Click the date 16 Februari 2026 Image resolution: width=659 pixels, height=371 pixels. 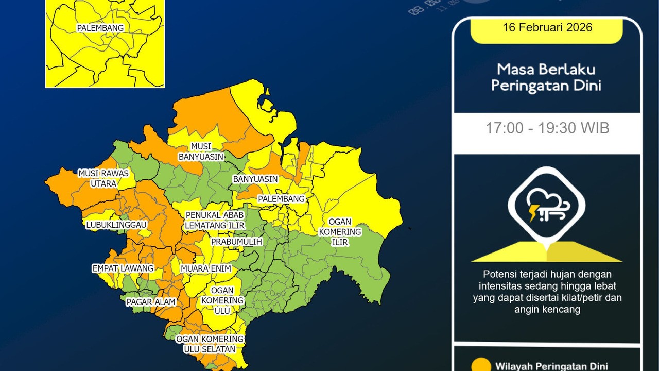click(547, 28)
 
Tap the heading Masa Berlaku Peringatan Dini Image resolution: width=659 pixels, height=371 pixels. click(546, 77)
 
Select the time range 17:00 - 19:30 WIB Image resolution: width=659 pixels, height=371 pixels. click(547, 128)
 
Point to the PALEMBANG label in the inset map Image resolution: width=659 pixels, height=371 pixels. click(100, 28)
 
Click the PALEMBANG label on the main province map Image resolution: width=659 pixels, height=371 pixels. click(282, 199)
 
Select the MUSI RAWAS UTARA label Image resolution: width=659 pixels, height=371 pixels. click(103, 178)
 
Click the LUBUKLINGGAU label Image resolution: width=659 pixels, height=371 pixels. click(116, 225)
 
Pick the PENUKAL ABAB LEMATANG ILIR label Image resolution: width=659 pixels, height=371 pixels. click(215, 220)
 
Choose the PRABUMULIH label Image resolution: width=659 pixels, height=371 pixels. click(237, 242)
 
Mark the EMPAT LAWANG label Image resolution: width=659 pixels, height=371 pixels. click(123, 268)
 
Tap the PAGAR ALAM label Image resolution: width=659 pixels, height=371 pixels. click(151, 302)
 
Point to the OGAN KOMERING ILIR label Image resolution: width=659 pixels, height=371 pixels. click(340, 232)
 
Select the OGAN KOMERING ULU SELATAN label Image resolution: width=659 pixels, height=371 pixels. click(210, 344)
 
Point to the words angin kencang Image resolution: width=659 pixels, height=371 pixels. click(547, 310)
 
